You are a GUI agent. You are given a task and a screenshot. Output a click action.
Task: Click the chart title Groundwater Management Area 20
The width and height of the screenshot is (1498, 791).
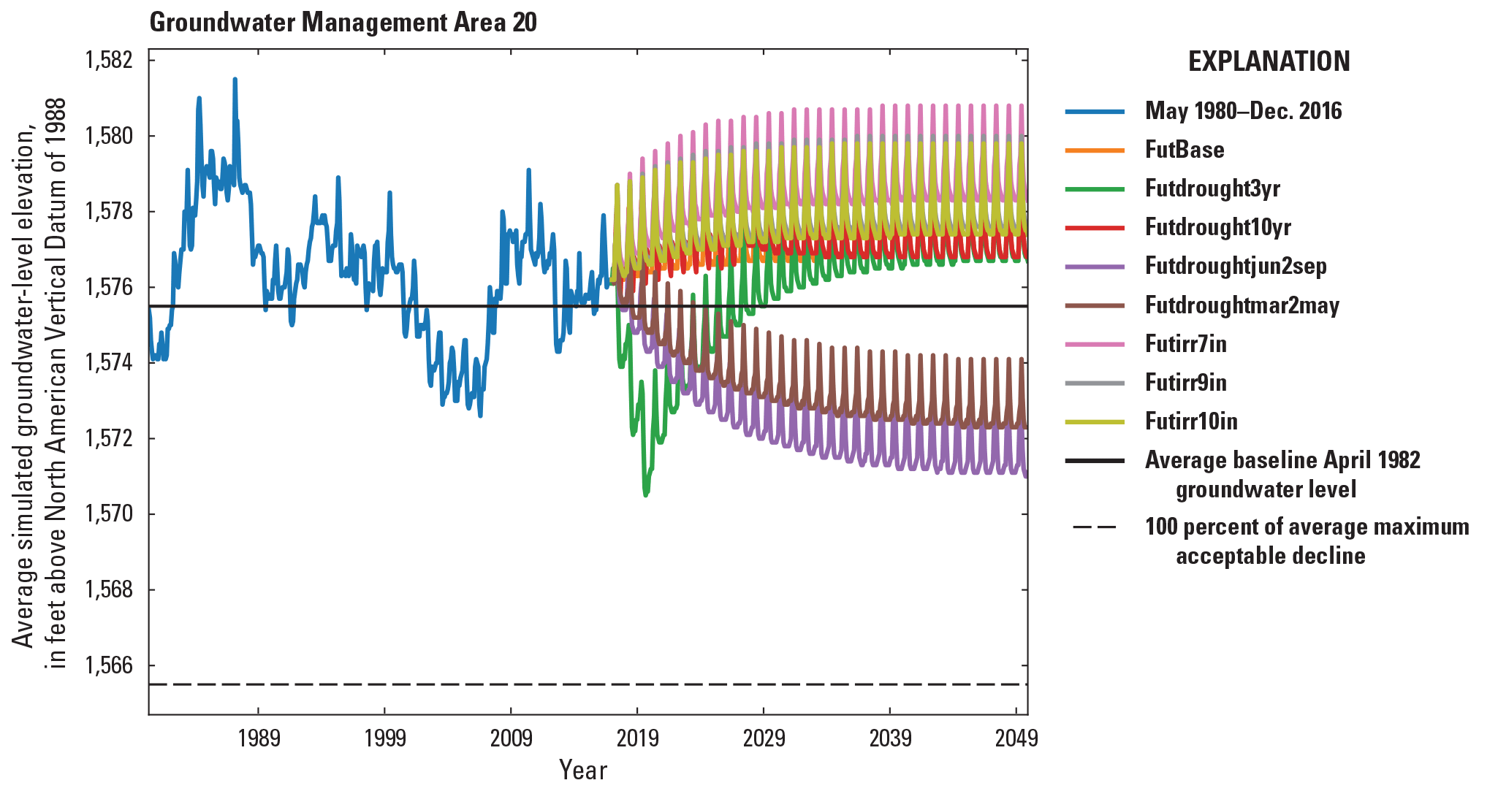(343, 23)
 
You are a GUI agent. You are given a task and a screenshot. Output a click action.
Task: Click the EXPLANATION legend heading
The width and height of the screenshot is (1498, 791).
(1269, 61)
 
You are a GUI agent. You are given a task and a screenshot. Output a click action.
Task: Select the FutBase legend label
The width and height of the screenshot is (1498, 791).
(1184, 150)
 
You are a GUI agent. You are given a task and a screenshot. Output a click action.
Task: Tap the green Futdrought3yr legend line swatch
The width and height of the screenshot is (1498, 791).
(1095, 189)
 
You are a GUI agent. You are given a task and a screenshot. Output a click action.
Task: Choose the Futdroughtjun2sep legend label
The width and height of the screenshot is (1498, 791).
(1235, 266)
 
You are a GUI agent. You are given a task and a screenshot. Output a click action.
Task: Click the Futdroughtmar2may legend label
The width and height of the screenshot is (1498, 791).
(1242, 305)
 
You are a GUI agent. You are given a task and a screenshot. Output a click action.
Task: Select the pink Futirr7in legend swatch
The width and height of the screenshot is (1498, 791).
(1095, 344)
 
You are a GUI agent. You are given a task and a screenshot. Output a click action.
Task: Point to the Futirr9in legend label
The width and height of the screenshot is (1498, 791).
(1185, 383)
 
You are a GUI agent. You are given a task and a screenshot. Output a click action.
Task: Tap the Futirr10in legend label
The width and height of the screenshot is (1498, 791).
(1190, 421)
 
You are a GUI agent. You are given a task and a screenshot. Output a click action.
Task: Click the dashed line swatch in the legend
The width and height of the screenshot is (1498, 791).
(1095, 527)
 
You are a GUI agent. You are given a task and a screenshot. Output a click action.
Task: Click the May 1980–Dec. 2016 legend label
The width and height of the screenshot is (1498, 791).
(1243, 111)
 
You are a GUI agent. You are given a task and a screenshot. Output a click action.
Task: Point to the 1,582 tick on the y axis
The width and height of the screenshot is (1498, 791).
(109, 60)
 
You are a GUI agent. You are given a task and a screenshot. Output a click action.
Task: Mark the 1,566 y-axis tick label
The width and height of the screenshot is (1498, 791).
(109, 665)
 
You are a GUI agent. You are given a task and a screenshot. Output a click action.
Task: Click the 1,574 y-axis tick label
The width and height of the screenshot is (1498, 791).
(109, 363)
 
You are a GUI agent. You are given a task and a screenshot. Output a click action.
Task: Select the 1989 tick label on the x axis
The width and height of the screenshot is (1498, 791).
(259, 738)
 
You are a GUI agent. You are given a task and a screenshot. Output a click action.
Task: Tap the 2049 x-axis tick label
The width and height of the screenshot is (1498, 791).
(1016, 738)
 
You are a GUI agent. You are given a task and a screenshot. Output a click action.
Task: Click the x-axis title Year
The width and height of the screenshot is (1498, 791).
(582, 770)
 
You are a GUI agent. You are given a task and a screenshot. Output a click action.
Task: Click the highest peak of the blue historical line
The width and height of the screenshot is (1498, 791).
(235, 79)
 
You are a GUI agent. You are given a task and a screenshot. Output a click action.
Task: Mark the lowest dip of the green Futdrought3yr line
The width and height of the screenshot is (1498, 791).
(645, 496)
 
